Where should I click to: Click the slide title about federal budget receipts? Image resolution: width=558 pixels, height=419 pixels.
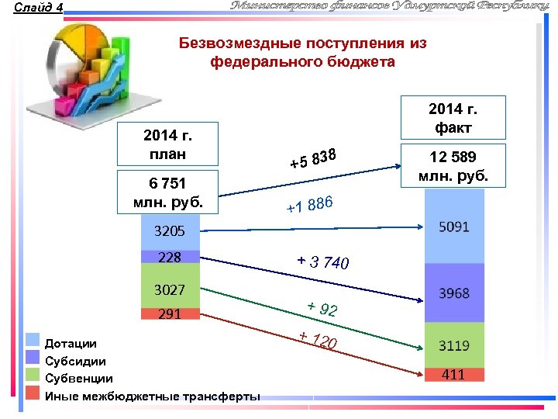point(303,52)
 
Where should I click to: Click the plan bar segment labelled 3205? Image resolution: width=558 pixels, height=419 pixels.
point(171,231)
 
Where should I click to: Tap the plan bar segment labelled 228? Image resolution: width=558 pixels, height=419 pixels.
point(171,257)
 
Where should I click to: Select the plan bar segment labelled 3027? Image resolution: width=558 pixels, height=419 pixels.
point(171,289)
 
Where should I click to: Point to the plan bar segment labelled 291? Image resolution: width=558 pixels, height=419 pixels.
point(171,314)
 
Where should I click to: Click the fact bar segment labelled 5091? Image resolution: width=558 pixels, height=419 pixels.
point(454,227)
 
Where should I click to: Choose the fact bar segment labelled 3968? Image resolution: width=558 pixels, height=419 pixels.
point(454,293)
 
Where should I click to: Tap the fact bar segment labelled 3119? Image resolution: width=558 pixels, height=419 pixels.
point(454,345)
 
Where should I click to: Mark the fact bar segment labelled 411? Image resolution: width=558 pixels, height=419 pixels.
point(454,375)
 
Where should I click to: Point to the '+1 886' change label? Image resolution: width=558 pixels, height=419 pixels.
point(309,205)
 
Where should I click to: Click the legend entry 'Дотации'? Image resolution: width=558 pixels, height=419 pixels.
point(71,343)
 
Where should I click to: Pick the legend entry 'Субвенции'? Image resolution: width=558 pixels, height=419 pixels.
point(78,379)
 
